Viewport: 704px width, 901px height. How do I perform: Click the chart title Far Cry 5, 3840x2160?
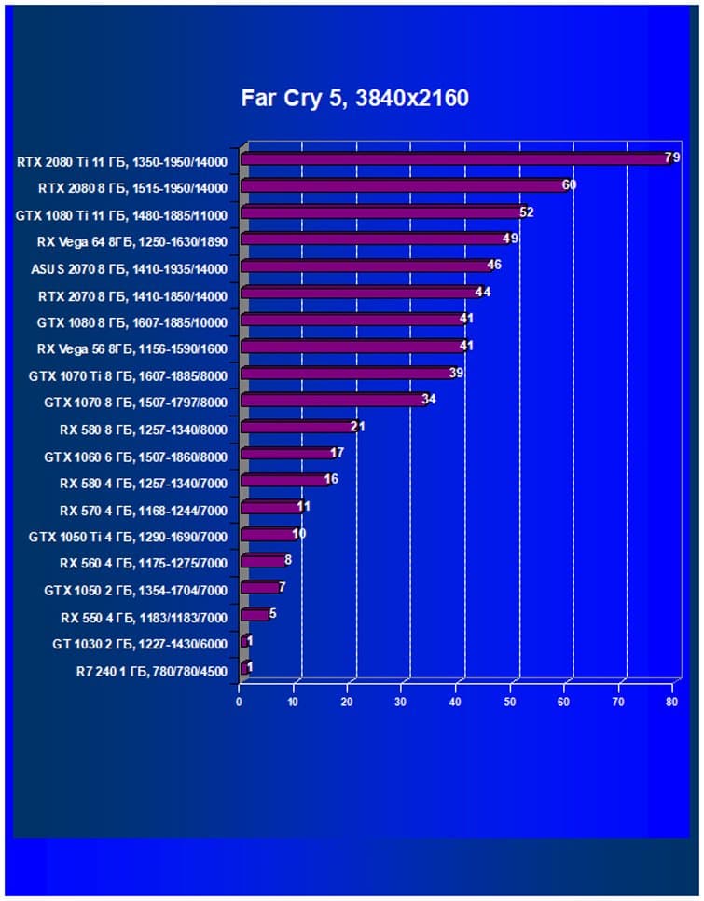[x=353, y=98]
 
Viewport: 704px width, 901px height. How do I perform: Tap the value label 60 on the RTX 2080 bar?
[x=569, y=185]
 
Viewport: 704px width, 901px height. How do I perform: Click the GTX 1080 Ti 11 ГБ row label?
[x=121, y=213]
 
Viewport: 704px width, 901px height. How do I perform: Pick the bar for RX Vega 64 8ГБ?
[x=373, y=239]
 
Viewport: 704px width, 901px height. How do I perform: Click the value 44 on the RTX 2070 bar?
[x=482, y=292]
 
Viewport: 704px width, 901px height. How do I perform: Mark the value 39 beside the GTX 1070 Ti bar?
[x=456, y=373]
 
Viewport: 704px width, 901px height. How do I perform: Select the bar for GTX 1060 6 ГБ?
[x=287, y=454]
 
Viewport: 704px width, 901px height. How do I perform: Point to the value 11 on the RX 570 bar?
[x=303, y=507]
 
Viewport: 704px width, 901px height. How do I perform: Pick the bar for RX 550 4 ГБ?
[x=255, y=615]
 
